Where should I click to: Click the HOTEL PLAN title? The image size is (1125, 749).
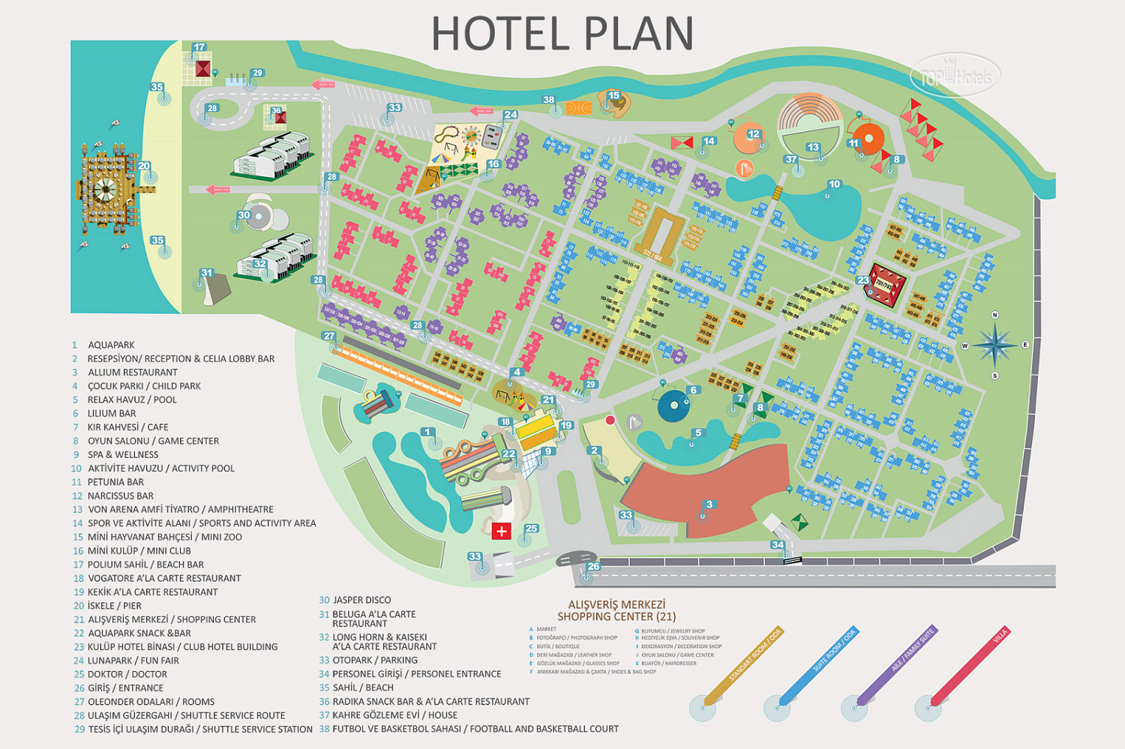562,34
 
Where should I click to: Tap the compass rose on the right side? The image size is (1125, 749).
994,345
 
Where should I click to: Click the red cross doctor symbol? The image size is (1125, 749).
501,532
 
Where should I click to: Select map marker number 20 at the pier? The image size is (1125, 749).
144,167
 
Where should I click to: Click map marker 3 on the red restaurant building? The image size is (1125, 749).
709,505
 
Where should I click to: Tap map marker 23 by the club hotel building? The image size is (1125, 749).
863,281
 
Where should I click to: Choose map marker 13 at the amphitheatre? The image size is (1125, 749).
813,148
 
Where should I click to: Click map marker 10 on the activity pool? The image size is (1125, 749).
834,184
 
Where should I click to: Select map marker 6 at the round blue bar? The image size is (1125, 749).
693,391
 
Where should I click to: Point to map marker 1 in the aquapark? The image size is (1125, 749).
427,433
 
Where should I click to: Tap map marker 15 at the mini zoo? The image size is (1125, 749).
614,96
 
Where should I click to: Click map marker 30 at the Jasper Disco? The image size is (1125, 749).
244,216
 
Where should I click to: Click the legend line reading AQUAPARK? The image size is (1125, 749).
111,345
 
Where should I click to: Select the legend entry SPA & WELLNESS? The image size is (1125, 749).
123,454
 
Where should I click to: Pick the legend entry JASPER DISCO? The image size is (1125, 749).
361,600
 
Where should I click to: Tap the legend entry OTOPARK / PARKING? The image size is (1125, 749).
375,660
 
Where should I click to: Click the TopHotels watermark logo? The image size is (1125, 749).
955,76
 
